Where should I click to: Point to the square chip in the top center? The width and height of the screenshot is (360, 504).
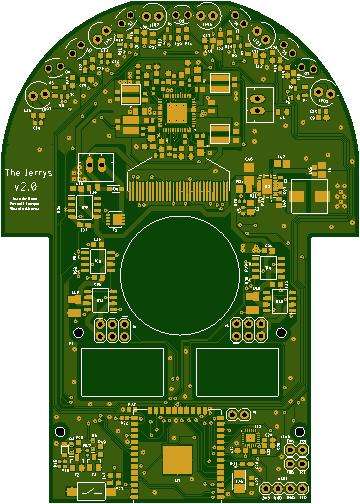[x=179, y=114]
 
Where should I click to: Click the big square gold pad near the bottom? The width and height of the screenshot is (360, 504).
[x=178, y=459]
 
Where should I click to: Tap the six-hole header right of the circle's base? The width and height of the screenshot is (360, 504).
[x=246, y=330]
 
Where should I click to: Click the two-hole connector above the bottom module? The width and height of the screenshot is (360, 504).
[x=238, y=414]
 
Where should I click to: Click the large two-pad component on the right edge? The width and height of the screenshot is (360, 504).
[x=309, y=195]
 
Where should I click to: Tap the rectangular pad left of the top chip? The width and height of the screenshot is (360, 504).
[x=131, y=94]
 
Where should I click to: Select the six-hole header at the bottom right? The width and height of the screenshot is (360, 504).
[x=295, y=456]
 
